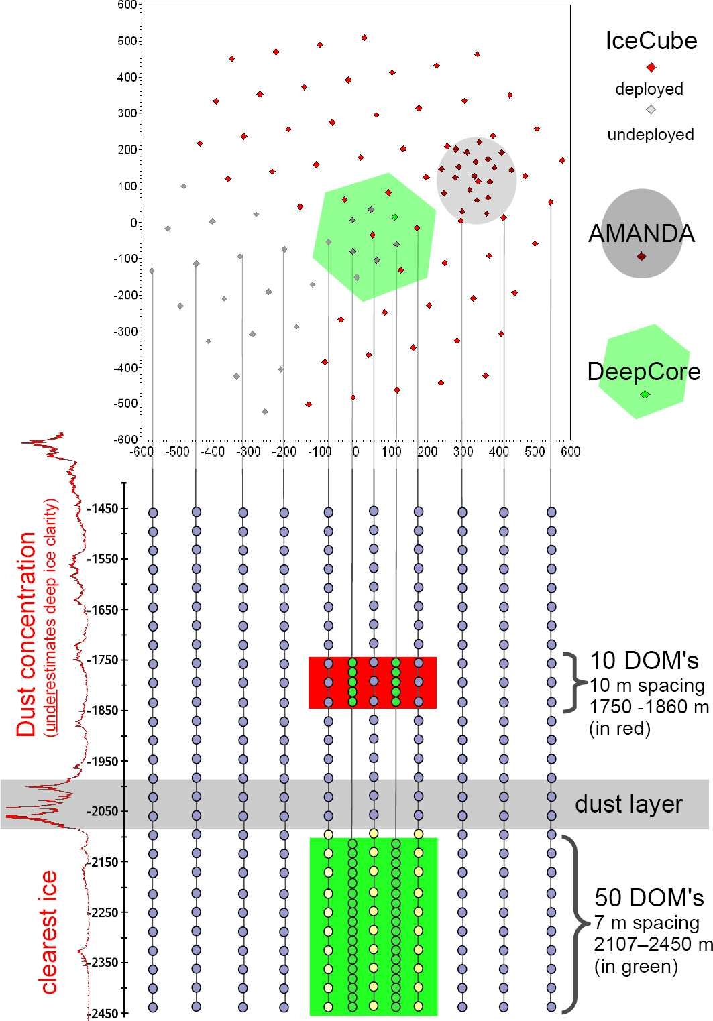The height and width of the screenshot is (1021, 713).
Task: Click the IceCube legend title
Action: [x=651, y=41]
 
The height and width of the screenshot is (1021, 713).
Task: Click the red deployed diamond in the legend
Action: [x=650, y=67]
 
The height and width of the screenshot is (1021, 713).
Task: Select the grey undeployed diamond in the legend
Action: [x=650, y=110]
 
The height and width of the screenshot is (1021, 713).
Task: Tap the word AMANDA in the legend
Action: [x=641, y=233]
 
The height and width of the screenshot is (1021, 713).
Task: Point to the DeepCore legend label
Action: [x=644, y=371]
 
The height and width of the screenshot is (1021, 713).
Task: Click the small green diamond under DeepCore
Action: [x=645, y=394]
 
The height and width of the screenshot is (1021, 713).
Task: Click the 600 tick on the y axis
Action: [x=127, y=5]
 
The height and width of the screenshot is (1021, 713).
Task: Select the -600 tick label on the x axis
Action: [x=142, y=451]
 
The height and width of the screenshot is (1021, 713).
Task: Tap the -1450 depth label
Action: [x=103, y=509]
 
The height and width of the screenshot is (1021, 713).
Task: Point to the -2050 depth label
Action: [x=103, y=811]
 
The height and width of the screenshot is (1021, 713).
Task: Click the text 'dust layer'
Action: [x=628, y=804]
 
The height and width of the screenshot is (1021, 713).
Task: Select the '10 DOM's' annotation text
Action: [x=644, y=661]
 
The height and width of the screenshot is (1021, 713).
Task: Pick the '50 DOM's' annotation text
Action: [x=649, y=898]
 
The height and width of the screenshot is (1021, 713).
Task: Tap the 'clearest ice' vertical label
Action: [x=48, y=932]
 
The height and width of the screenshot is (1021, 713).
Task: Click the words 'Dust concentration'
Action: [x=27, y=634]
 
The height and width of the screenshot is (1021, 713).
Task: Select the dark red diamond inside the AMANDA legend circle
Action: [x=641, y=256]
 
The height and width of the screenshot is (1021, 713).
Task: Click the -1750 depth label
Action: [x=103, y=660]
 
